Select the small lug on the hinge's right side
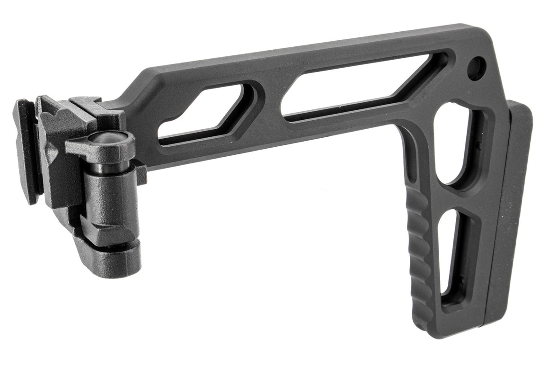point(141,173)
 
